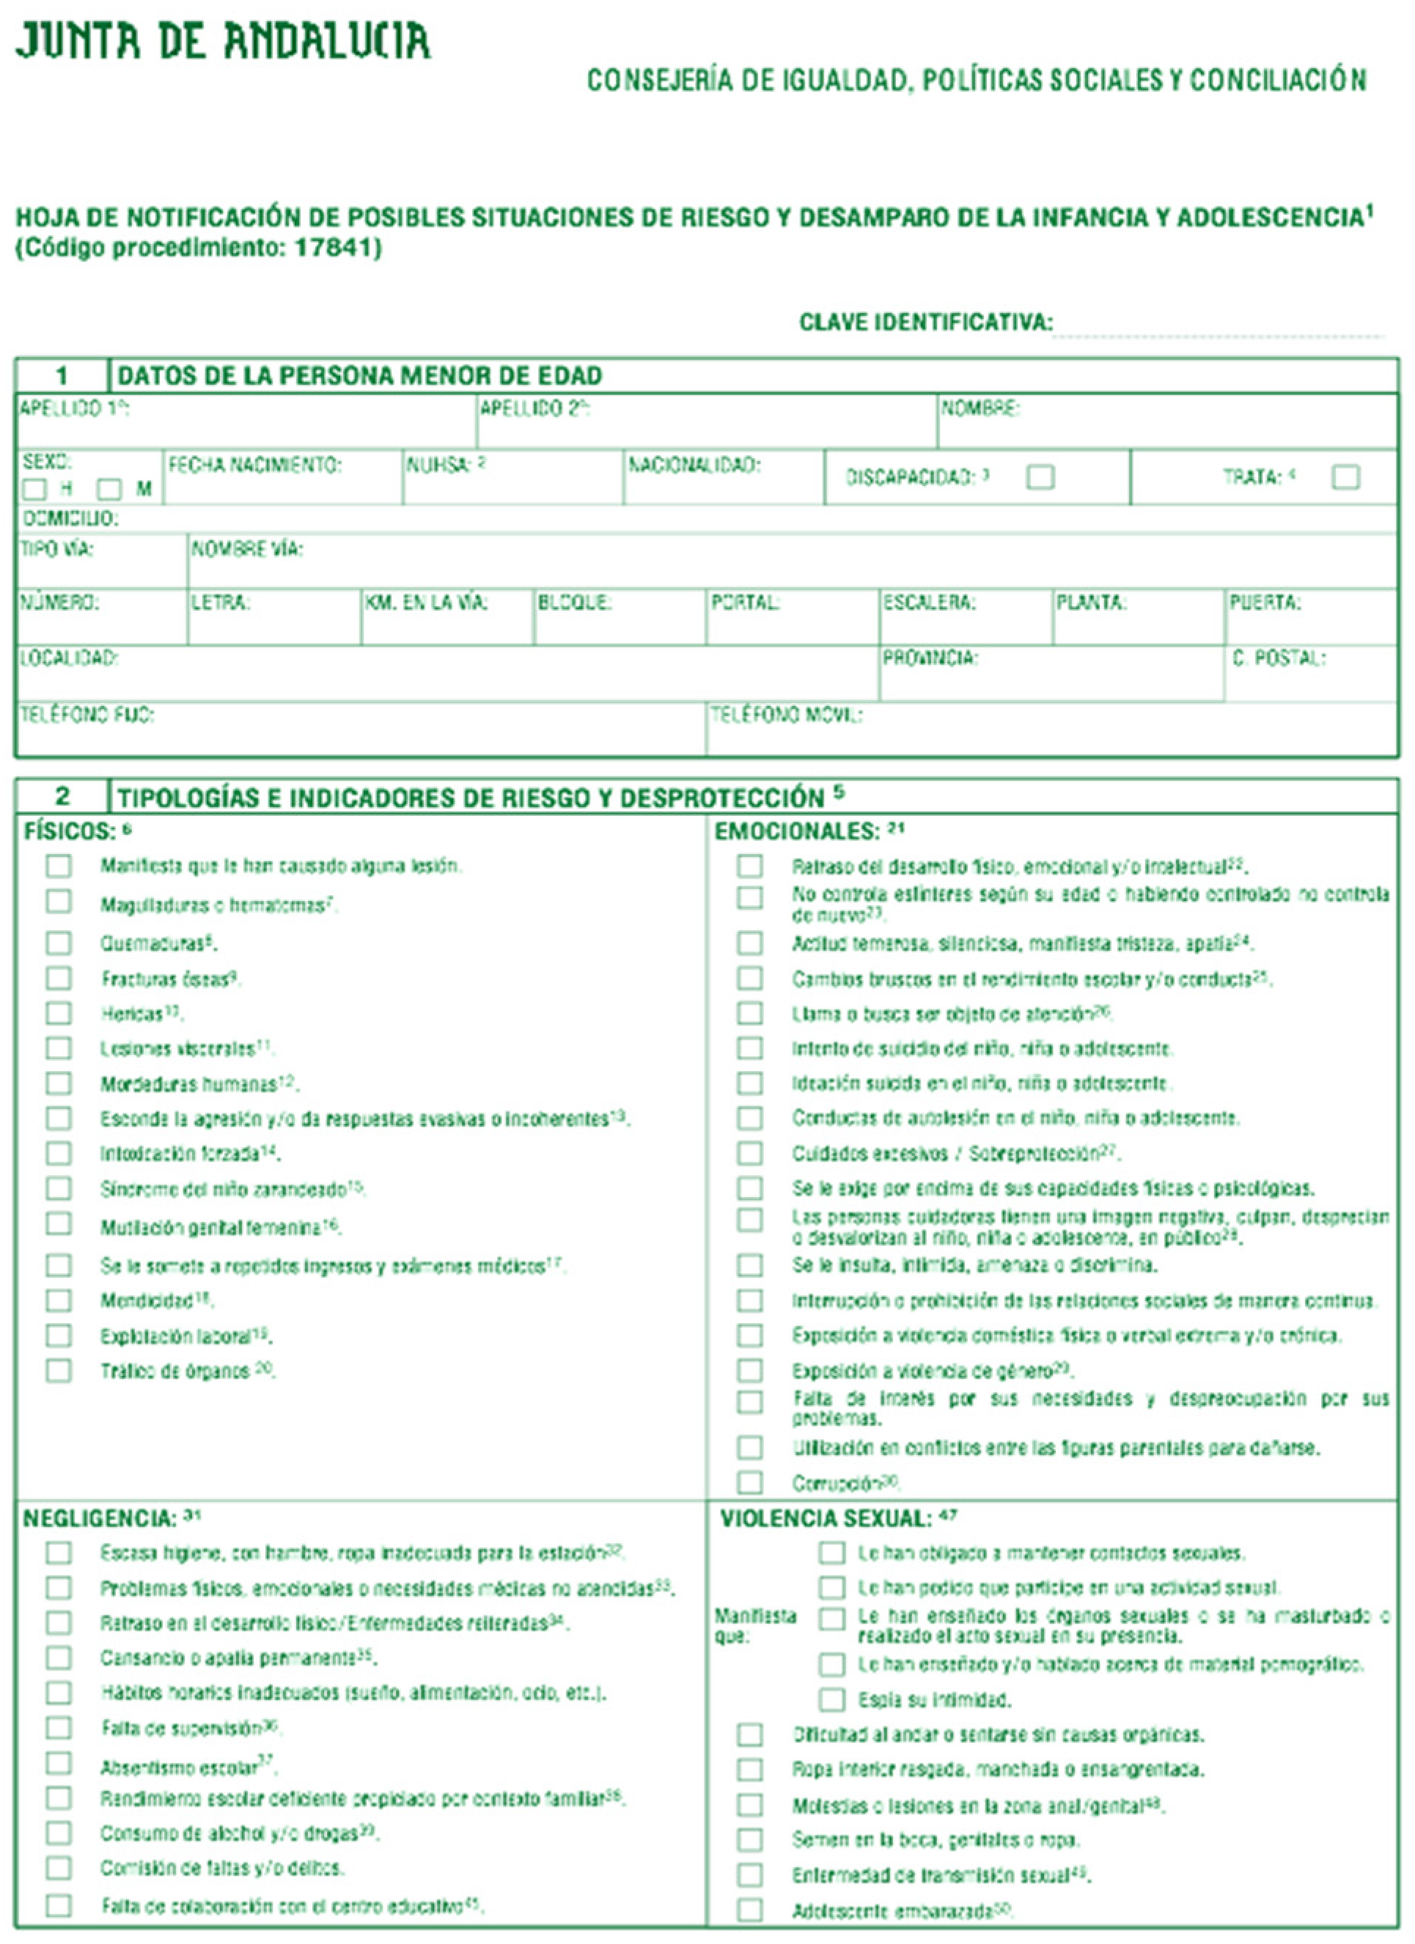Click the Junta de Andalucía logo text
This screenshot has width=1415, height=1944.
223,41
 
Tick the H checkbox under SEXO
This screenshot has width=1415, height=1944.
34,490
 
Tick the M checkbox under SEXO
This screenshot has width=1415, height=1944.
109,490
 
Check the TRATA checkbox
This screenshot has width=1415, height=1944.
1345,476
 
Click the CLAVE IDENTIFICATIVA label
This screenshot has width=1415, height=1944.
926,323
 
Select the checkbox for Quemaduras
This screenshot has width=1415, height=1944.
58,943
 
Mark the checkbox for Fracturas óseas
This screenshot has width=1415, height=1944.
58,978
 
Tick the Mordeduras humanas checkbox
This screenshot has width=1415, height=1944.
58,1083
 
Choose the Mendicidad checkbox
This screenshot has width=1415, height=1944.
58,1300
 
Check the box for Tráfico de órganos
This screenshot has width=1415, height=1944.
58,1370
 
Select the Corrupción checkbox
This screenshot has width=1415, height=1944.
750,1482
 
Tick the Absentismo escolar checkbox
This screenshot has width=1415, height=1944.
58,1763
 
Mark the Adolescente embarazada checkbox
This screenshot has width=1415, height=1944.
750,1909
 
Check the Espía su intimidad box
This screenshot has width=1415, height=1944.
831,1699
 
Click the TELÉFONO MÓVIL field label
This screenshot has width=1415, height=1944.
785,715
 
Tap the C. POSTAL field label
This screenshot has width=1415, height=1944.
1279,658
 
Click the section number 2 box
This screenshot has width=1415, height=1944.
62,796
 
